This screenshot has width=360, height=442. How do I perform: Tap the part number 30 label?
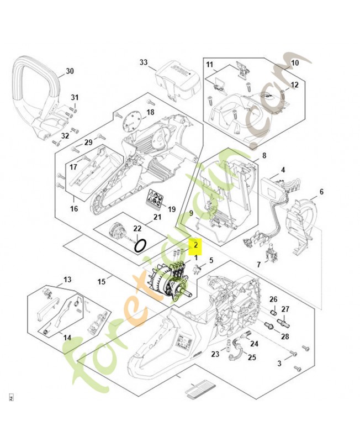coord(69,71)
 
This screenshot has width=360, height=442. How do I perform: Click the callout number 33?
coord(144,63)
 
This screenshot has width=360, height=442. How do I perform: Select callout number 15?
coord(102,282)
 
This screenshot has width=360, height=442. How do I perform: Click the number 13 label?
coord(67,280)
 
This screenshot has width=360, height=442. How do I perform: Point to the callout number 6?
coord(321,192)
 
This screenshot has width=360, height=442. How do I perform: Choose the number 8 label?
coord(264,156)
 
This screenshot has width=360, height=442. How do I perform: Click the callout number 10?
coord(294,64)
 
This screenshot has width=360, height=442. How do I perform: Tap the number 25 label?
coord(252,357)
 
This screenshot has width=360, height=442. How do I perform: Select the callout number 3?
coord(279,363)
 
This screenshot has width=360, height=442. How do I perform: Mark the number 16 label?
coord(74,209)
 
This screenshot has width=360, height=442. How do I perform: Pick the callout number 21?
coord(157,217)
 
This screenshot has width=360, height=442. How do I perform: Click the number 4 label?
coord(283,170)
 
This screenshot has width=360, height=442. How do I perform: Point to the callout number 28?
coord(285,335)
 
